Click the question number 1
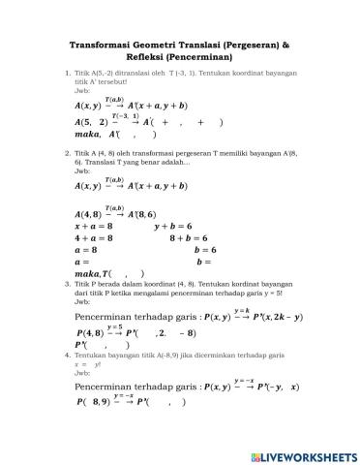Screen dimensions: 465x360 coord(66,73)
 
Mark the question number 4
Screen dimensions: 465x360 coord(66,356)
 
